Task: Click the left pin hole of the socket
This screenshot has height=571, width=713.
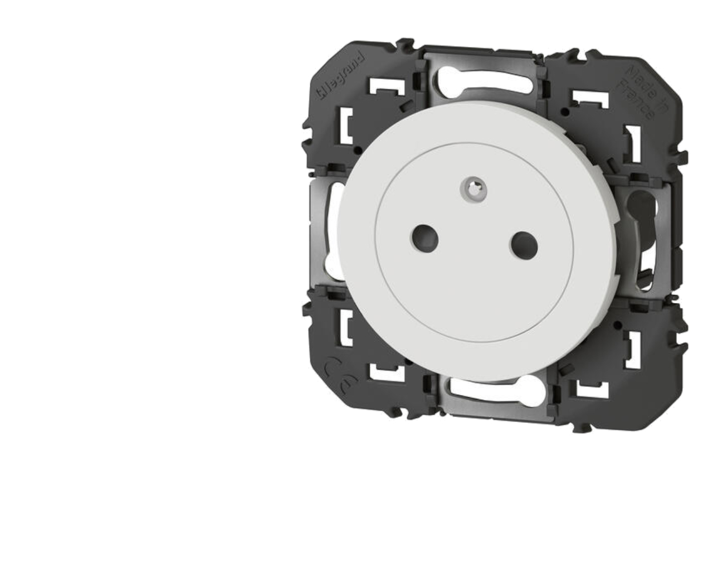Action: point(424,238)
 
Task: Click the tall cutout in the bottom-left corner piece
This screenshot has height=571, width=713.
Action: point(345,329)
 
